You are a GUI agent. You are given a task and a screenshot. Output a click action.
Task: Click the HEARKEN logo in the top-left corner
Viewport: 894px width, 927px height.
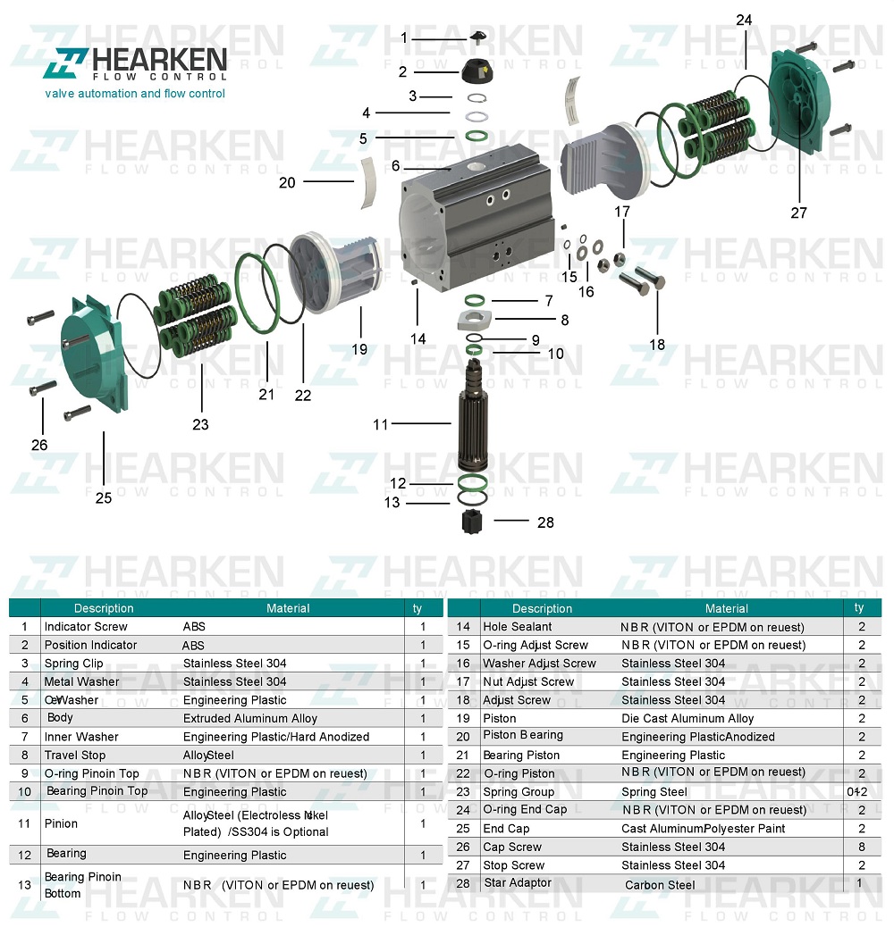pyautogui.click(x=139, y=64)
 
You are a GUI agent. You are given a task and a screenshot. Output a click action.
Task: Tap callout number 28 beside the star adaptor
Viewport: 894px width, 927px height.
pyautogui.click(x=544, y=522)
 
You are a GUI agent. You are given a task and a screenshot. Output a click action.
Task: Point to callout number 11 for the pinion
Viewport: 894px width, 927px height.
pyautogui.click(x=381, y=425)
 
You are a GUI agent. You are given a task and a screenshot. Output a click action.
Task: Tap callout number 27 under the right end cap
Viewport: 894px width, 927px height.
pyautogui.click(x=798, y=213)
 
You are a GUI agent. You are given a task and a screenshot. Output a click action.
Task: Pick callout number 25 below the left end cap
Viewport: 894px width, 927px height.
pyautogui.click(x=104, y=497)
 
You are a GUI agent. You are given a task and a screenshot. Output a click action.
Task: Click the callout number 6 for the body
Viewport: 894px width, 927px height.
pyautogui.click(x=395, y=167)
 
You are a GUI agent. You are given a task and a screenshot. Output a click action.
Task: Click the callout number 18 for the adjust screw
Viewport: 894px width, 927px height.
pyautogui.click(x=657, y=345)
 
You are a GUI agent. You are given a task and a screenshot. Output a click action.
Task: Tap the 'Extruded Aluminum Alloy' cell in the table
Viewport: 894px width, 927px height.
pyautogui.click(x=249, y=719)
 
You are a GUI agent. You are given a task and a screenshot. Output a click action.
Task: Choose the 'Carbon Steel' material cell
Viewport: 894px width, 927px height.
pyautogui.click(x=660, y=885)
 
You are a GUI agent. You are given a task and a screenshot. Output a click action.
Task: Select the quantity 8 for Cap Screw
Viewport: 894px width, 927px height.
pyautogui.click(x=862, y=847)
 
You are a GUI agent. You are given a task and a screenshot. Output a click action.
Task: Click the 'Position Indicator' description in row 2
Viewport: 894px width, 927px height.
pyautogui.click(x=90, y=645)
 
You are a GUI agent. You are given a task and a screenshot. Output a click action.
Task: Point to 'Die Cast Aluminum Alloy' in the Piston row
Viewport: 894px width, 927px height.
pyautogui.click(x=687, y=719)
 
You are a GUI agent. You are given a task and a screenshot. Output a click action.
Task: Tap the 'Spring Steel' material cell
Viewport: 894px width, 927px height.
pyautogui.click(x=654, y=792)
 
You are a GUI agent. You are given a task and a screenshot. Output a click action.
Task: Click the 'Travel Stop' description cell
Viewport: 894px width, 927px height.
pyautogui.click(x=75, y=756)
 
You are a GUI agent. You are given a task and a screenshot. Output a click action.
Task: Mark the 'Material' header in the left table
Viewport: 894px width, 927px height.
pyautogui.click(x=288, y=608)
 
